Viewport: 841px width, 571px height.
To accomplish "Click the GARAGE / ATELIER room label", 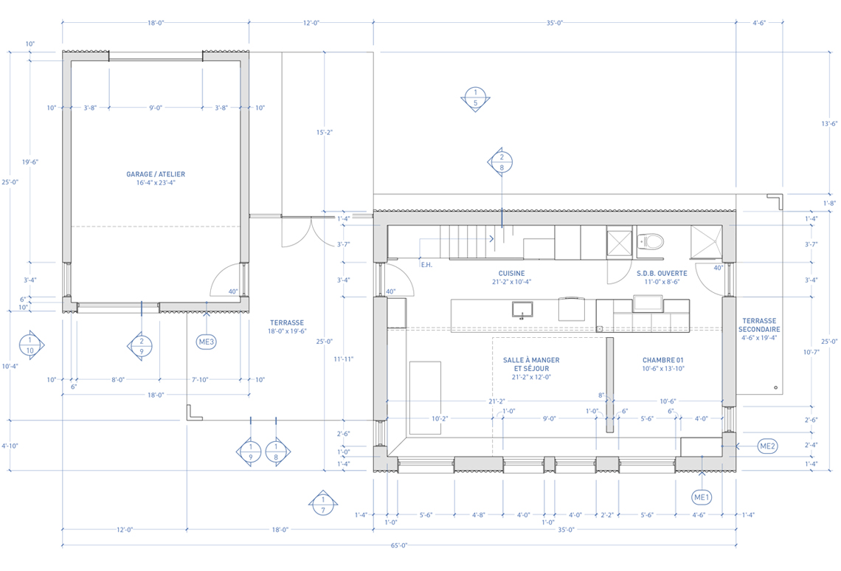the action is pos(156,174).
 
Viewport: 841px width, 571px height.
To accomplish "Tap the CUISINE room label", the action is pos(512,274).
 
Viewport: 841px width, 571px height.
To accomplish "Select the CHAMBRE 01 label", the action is pos(663,360).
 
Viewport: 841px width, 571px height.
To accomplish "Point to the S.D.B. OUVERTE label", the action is pos(662,274).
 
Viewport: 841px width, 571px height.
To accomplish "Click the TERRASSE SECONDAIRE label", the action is pos(759,325).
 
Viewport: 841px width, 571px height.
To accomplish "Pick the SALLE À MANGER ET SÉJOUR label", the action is pos(531,364).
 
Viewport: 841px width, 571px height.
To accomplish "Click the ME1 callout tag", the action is pos(702,497).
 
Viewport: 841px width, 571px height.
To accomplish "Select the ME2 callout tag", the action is pos(767,446).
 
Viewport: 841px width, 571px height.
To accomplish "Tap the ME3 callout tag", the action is pos(207,342).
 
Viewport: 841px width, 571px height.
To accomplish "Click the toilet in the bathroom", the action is pos(651,240).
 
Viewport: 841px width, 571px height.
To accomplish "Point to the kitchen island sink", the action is pos(522,310).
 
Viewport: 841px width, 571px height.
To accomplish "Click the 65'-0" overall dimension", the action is pos(398,545).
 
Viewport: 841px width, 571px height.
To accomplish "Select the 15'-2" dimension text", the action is pos(324,132).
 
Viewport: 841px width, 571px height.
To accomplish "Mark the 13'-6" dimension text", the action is pos(829,124).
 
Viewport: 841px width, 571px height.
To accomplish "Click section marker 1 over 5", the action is pos(475,98).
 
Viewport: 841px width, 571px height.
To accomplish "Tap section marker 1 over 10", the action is pos(30,345).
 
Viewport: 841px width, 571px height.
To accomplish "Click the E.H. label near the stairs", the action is pos(426,265).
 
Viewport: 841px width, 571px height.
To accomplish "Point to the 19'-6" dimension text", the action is pos(30,162).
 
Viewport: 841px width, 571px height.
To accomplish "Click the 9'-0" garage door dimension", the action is pos(156,108).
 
